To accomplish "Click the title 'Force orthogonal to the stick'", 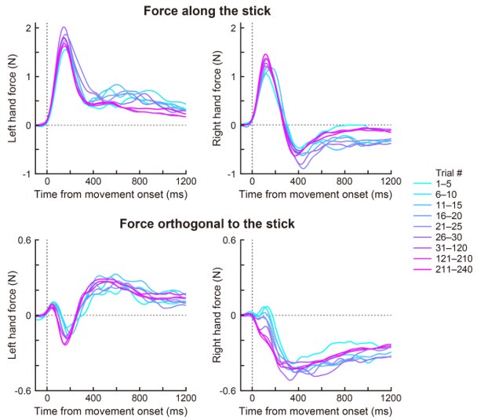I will (207, 224).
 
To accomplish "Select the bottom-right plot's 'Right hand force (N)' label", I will (214, 316).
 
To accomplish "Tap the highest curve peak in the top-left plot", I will (64, 27).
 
